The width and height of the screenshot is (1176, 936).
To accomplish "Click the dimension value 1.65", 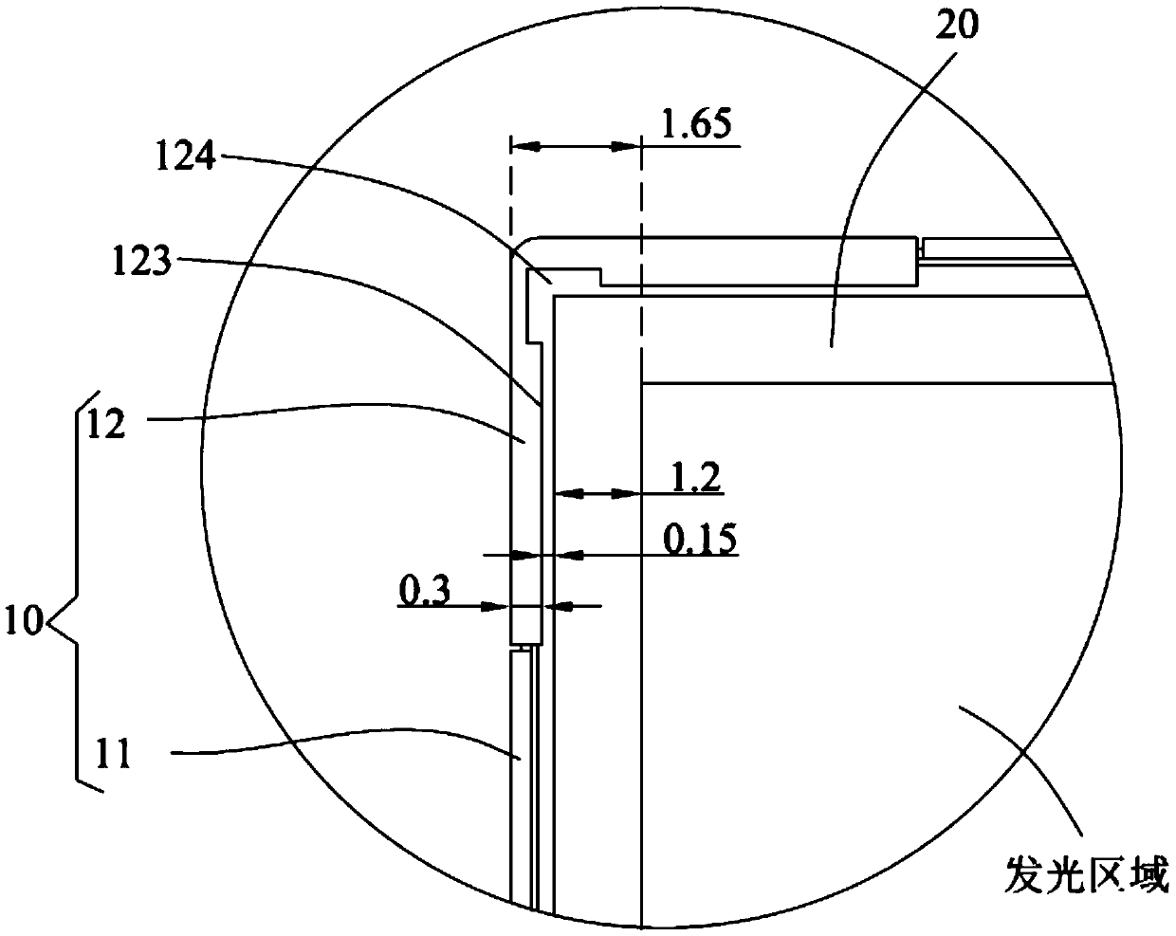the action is tap(696, 124).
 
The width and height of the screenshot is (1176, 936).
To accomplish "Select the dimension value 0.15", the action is tap(700, 539).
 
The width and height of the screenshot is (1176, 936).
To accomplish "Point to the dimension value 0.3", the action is tap(425, 590).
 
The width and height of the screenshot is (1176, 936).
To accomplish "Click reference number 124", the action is tap(185, 156).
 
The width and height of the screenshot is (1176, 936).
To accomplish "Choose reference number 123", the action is tap(141, 260).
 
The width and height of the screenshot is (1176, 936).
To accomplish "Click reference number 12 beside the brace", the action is tap(106, 424).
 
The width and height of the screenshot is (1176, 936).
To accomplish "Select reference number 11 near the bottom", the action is tap(113, 754).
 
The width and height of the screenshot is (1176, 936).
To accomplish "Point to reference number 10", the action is tap(24, 620).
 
